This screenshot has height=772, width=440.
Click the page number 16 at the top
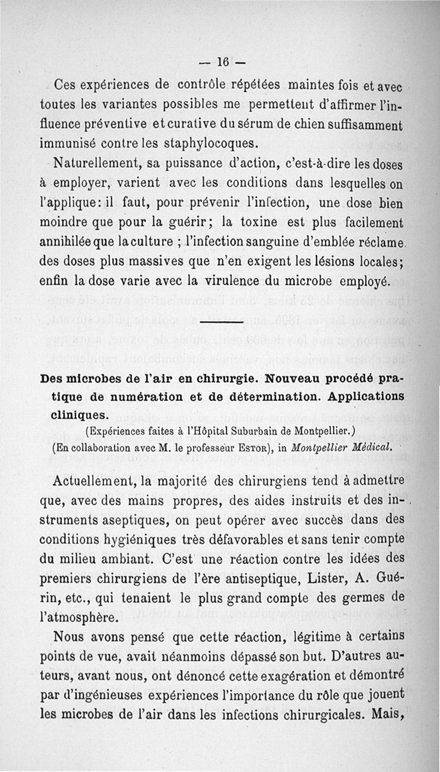[x=222, y=62]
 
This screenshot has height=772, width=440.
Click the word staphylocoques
[x=204, y=143]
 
